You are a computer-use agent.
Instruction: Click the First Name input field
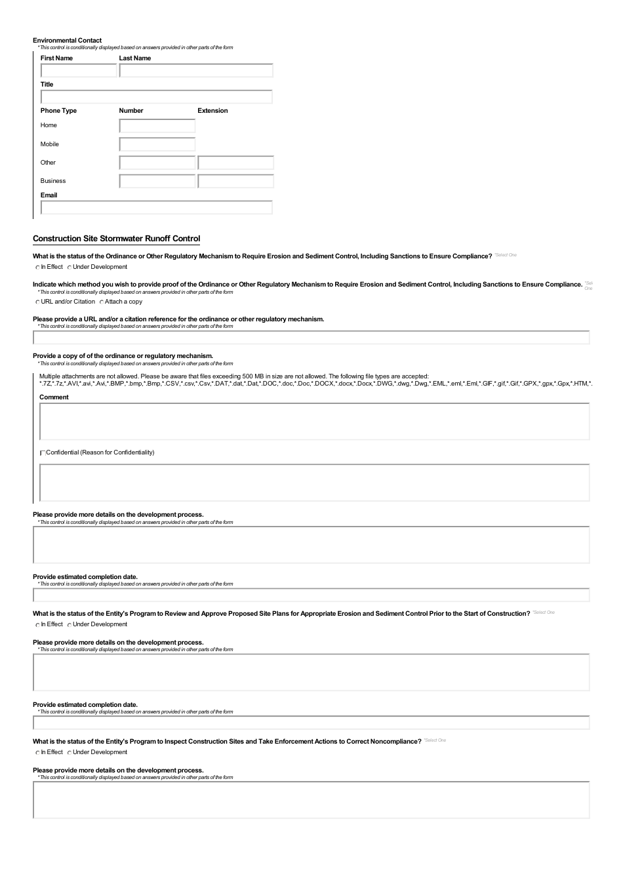[79, 71]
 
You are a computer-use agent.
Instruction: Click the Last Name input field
[196, 71]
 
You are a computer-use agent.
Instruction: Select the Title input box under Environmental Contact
[156, 97]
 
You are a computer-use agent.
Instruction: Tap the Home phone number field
[157, 126]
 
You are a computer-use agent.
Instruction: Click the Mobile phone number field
[157, 144]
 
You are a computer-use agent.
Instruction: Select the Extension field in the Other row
[235, 163]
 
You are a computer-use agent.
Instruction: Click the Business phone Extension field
[235, 181]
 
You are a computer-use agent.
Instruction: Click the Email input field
[156, 208]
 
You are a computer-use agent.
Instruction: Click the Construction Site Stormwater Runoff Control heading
[116, 239]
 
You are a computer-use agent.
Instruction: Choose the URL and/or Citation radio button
[37, 302]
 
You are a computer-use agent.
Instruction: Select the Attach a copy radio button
[102, 302]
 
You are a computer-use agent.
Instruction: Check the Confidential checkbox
[43, 453]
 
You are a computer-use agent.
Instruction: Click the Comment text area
[314, 421]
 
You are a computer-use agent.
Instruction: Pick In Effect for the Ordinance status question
[37, 268]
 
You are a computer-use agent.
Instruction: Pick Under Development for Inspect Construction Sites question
[70, 753]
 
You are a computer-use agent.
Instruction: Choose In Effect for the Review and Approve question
[37, 625]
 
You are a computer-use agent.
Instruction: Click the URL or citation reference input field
[311, 338]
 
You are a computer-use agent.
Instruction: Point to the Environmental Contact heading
[67, 40]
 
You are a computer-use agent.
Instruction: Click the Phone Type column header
[58, 111]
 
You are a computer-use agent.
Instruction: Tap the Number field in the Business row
[157, 181]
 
